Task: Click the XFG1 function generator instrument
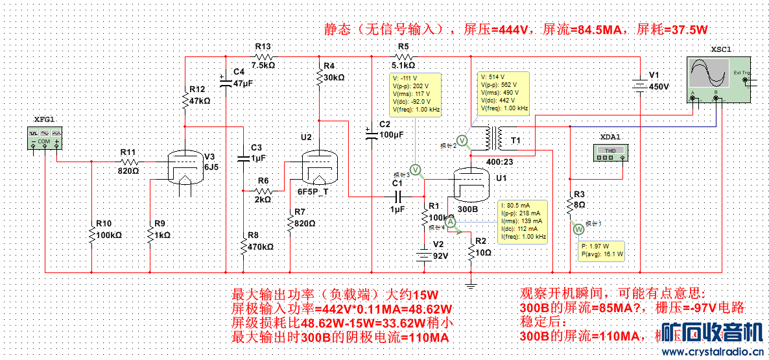tap(44, 137)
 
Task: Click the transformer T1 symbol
tap(497, 138)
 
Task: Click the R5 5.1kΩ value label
tap(403, 65)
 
